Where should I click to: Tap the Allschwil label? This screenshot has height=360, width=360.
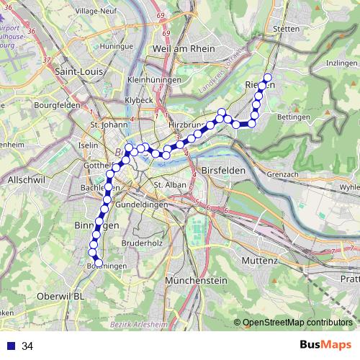click(25, 179)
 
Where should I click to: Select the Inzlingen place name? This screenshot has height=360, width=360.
click(341, 63)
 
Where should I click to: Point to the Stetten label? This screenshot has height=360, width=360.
click(287, 30)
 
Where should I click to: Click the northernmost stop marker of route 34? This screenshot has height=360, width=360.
click(268, 78)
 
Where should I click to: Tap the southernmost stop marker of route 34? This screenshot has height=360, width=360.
click(99, 263)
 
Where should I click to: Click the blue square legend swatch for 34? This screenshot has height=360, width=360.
click(10, 346)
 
